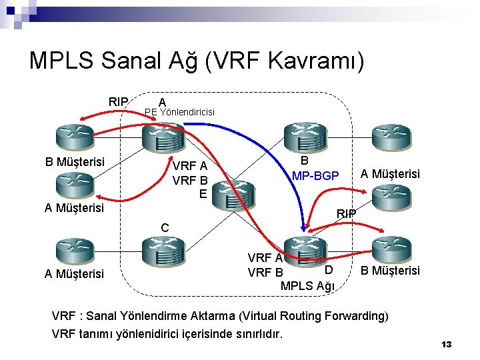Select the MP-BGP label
coord(315,176)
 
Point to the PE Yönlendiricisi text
coord(179,112)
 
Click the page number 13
coord(447,344)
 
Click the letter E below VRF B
coord(203,194)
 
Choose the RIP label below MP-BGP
coord(346,213)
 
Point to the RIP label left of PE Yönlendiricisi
coord(119,101)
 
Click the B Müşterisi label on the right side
coord(390,270)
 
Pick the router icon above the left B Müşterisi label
coord(74,136)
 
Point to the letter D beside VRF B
coord(328,269)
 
